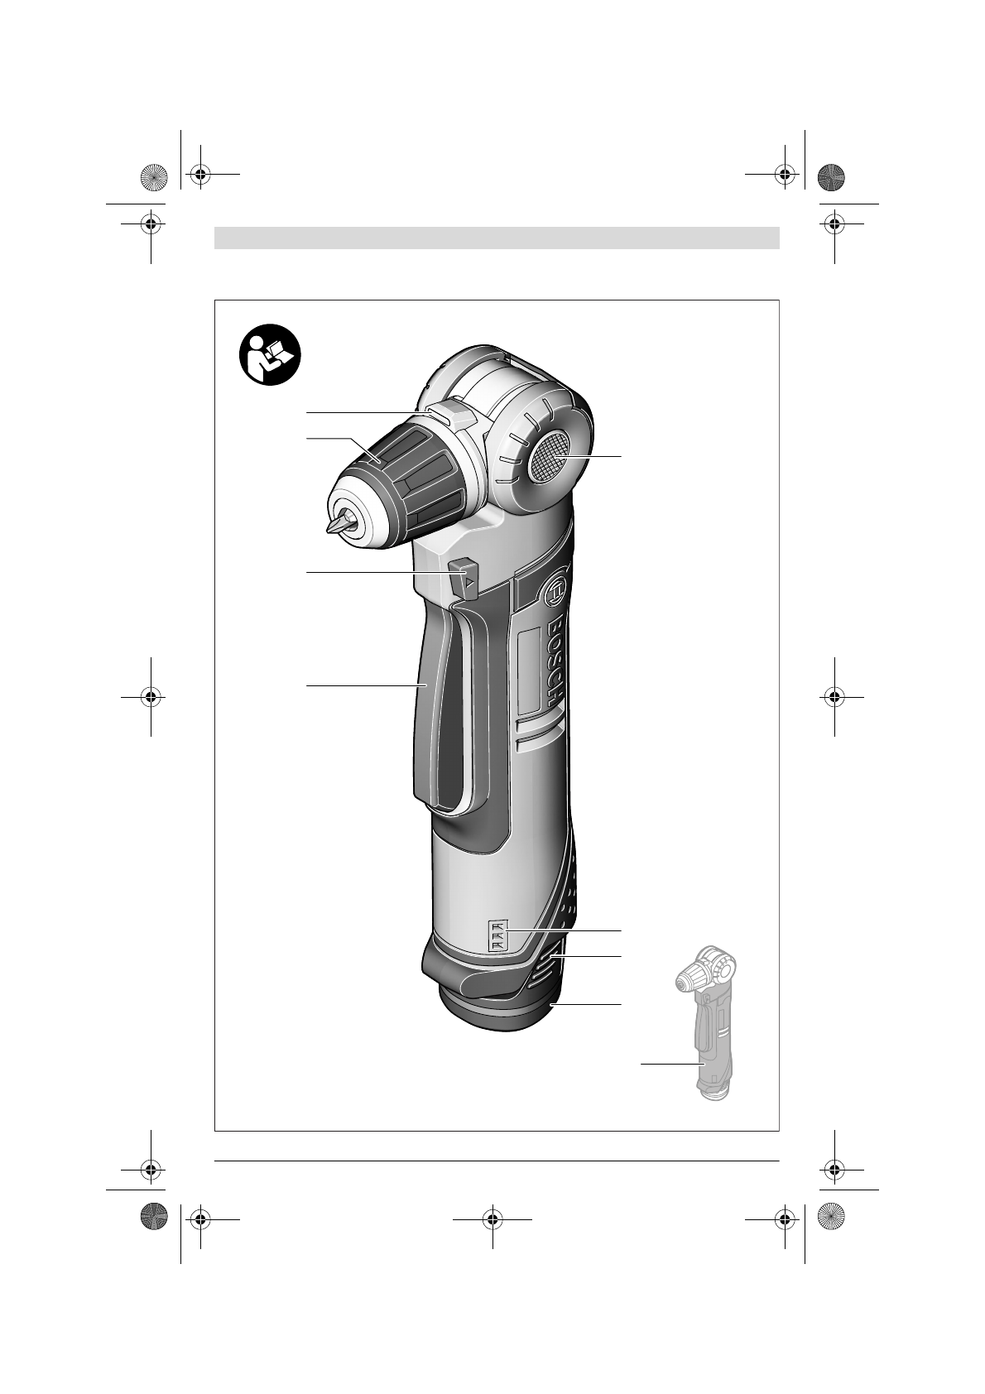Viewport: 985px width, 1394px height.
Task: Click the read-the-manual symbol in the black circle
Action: click(x=270, y=355)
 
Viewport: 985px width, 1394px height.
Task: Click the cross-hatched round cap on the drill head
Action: click(x=550, y=457)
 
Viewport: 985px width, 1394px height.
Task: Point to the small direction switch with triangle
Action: click(x=464, y=579)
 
